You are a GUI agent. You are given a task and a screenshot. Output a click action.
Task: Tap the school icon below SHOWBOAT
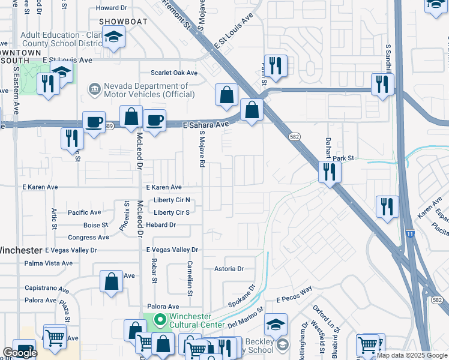pos(113,37)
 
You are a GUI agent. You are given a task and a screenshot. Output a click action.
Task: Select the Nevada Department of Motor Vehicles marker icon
pos(95,90)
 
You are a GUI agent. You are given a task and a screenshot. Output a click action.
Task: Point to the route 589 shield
pos(108,126)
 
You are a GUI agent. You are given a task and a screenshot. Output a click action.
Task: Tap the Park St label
pos(345,158)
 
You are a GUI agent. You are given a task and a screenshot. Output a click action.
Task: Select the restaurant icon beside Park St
pos(330,172)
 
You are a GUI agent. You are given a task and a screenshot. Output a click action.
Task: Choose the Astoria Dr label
pos(229,269)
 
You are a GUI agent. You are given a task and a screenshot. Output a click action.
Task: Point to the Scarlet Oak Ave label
pos(174,73)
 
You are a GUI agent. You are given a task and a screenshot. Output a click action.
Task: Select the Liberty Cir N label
pos(172,200)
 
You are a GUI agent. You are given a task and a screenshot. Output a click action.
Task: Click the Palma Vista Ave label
pos(48,263)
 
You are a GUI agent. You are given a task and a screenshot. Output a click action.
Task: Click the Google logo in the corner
pos(20,353)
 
